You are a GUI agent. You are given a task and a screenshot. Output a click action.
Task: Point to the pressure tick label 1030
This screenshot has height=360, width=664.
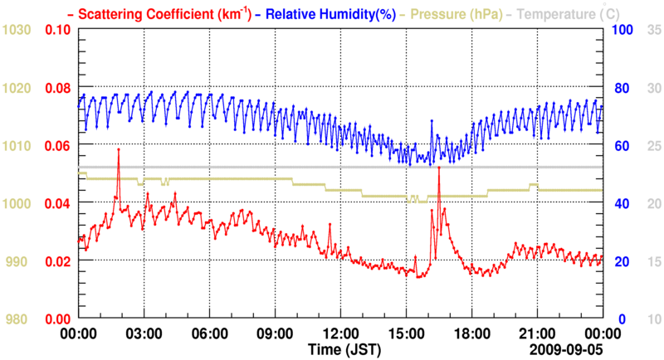(17, 30)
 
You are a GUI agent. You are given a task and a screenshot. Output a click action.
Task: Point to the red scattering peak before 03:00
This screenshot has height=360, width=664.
(119, 149)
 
